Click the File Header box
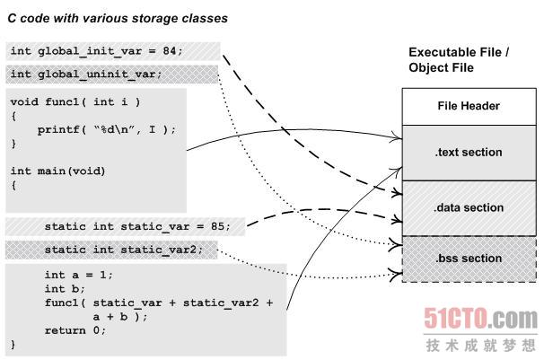tap(468, 106)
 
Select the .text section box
tap(468, 152)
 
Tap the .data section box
tap(468, 207)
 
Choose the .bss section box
tap(468, 259)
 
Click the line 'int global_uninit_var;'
tap(86, 74)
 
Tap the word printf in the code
tap(57, 129)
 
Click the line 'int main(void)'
tap(57, 171)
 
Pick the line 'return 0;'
tap(75, 329)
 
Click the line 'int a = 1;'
tap(79, 275)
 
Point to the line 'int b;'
tap(65, 289)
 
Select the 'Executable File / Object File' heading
tap(459, 60)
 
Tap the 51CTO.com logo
tap(480, 319)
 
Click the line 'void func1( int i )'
tap(75, 101)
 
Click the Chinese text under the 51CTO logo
tap(480, 345)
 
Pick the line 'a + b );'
tap(118, 316)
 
